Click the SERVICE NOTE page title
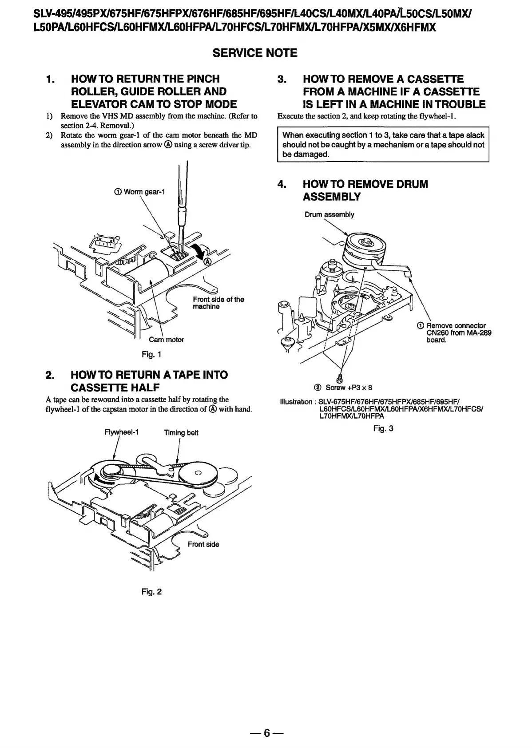coord(255,53)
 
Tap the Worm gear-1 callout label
coord(140,192)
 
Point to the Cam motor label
coord(166,340)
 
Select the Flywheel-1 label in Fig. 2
coord(121,432)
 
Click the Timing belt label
coord(181,433)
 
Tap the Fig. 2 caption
coord(151,591)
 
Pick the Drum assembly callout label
coord(329,214)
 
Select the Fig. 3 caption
coord(383,428)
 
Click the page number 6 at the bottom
coord(266,732)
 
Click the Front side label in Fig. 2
coord(203,544)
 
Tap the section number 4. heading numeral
coord(282,184)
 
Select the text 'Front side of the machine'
coord(218,303)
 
